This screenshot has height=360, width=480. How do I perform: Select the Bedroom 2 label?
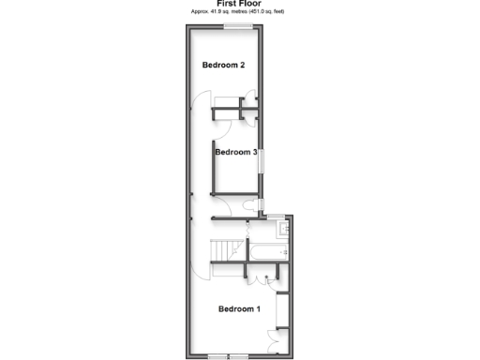(224, 66)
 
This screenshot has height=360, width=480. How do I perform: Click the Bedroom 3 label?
(235, 152)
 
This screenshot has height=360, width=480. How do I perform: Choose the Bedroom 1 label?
(240, 308)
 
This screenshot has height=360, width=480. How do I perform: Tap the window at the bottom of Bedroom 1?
(229, 355)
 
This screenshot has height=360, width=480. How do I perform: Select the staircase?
(225, 251)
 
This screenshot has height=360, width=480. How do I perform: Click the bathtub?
(265, 251)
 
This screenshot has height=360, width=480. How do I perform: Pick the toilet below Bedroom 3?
(247, 204)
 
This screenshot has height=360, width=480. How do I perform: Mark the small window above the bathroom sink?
(277, 217)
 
